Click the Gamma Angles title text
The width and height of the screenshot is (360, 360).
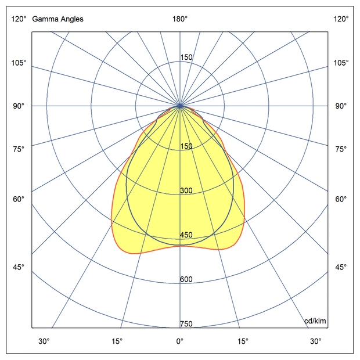pyautogui.click(x=57, y=19)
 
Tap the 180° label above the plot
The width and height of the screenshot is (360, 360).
pyautogui.click(x=180, y=19)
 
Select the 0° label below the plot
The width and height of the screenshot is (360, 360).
pyautogui.click(x=180, y=341)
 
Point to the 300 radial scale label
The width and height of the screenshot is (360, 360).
pyautogui.click(x=186, y=191)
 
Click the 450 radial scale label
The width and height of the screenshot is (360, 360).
pyautogui.click(x=186, y=235)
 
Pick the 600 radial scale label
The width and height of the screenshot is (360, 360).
pyautogui.click(x=186, y=279)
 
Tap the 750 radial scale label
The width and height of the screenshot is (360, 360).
pyautogui.click(x=186, y=324)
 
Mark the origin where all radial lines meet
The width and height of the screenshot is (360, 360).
pyautogui.click(x=181, y=106)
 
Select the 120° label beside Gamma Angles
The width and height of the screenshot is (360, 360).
pyautogui.click(x=19, y=19)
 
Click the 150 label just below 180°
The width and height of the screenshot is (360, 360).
pyautogui.click(x=186, y=57)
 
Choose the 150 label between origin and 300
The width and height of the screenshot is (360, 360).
pyautogui.click(x=186, y=146)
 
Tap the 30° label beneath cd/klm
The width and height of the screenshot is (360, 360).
pyautogui.click(x=315, y=341)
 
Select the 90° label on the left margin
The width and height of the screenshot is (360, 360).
pyautogui.click(x=19, y=106)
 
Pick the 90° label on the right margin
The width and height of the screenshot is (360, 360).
pyautogui.click(x=341, y=106)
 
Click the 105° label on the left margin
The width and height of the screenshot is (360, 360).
pyautogui.click(x=19, y=63)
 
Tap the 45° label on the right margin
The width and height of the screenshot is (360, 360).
pyautogui.click(x=341, y=267)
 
